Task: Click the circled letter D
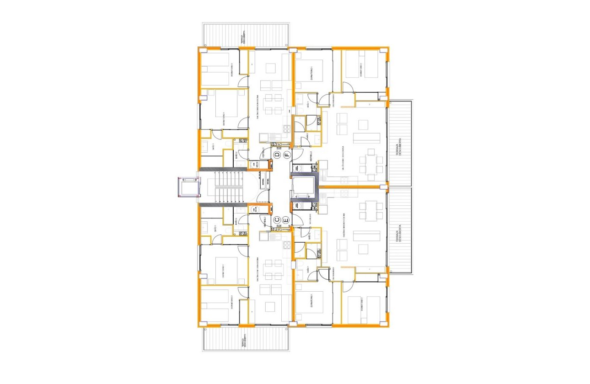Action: click(277, 155)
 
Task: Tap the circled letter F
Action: click(287, 155)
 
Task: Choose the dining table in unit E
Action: click(371, 210)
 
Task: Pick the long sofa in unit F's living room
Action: click(366, 138)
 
